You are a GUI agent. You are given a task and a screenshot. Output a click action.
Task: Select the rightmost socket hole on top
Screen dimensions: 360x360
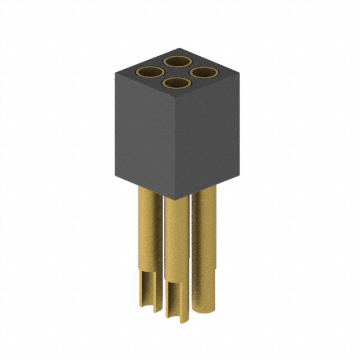[204, 72]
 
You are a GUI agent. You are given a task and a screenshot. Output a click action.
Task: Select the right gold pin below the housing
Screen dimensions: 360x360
[204, 242]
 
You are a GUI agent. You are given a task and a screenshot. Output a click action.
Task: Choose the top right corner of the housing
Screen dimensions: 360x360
[240, 73]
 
